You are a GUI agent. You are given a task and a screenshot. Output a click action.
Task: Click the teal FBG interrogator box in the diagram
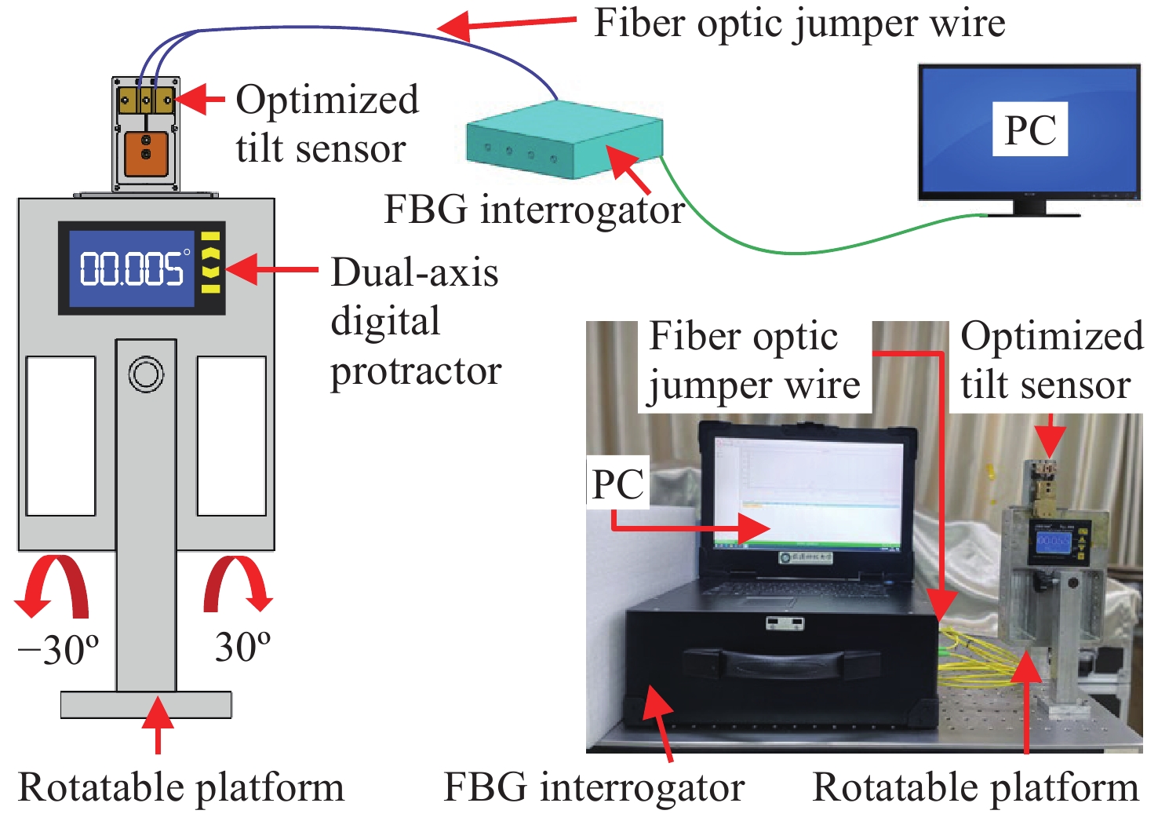pos(563,141)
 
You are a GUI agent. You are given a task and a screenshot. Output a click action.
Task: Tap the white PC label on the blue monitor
pos(1030,130)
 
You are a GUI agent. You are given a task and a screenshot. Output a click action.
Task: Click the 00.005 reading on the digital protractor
pos(132,269)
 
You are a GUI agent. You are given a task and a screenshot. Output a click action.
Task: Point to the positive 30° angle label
pos(242,648)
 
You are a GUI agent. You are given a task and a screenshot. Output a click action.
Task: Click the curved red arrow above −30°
pos(55,585)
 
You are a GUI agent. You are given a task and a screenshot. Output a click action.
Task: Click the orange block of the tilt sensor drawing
pos(146,154)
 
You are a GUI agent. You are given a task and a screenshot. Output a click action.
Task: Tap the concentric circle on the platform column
pos(146,374)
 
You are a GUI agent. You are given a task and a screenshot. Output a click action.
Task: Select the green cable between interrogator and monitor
pos(792,250)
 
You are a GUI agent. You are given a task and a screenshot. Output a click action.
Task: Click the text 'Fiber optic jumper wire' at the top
pos(799,24)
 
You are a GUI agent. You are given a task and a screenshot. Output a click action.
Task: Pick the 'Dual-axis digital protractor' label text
pos(415,321)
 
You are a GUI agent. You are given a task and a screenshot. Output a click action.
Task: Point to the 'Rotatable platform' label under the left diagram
pos(181,787)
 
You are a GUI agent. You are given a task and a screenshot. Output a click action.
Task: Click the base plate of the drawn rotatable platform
pos(146,704)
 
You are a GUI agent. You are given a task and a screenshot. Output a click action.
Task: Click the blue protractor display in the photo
pos(1053,542)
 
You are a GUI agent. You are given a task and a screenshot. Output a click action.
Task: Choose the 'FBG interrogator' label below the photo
pos(594,787)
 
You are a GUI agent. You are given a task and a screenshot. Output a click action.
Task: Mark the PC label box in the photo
pos(618,483)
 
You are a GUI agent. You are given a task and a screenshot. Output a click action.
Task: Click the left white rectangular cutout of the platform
pos(61,436)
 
